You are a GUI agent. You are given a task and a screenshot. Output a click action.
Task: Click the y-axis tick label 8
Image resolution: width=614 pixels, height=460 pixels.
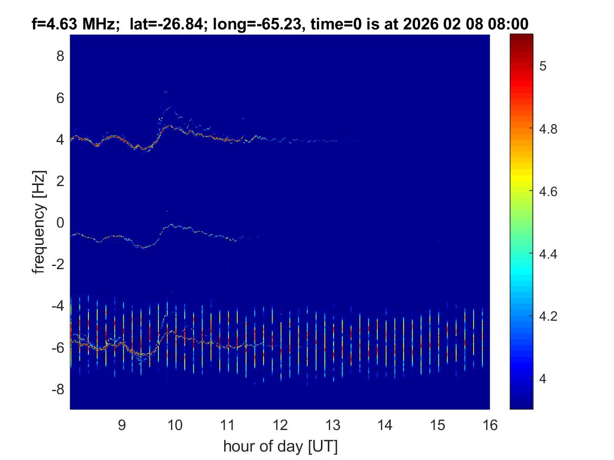[60, 56]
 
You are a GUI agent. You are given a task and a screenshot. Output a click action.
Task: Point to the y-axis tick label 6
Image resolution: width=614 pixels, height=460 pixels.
[60, 98]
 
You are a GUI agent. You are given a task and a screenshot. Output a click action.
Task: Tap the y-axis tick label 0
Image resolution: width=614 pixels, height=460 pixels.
[60, 222]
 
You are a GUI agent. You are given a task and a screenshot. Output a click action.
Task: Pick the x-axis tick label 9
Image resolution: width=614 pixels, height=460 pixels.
[122, 424]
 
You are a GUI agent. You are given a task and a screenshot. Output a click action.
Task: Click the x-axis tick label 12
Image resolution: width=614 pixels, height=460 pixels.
[279, 424]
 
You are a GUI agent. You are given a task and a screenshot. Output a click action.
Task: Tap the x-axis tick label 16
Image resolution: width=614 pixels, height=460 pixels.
[489, 424]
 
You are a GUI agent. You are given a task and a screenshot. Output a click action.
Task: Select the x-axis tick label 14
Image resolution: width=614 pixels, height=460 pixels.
[385, 424]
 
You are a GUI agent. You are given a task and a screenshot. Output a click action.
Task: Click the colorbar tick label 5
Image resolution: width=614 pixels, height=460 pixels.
[544, 66]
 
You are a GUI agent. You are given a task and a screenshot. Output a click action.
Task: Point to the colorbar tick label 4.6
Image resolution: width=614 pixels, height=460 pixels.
[548, 191]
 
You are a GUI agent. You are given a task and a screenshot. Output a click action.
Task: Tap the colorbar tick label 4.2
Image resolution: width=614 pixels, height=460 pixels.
[548, 316]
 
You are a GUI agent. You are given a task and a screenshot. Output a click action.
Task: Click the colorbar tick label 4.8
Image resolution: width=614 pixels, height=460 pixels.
[548, 129]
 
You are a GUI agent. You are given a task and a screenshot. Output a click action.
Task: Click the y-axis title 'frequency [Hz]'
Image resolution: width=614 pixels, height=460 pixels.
[38, 221]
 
